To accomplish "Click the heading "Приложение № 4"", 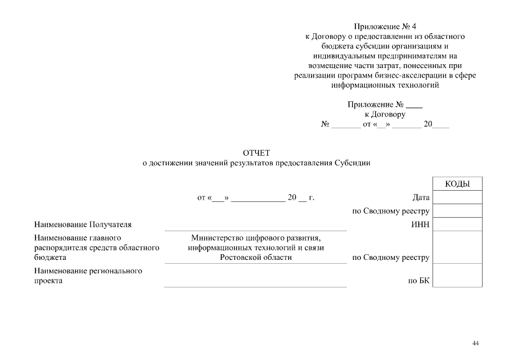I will [x=385, y=26].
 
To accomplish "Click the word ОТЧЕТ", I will [x=256, y=152].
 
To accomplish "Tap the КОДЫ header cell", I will [x=457, y=184].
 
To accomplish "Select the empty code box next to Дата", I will [x=457, y=197].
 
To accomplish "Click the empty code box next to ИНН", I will [x=457, y=224].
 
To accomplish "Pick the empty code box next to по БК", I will [x=457, y=276].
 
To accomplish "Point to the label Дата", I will [x=421, y=197].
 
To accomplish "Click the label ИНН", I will [x=420, y=224].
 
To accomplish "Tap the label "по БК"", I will [x=419, y=281].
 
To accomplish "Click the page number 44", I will [x=476, y=343].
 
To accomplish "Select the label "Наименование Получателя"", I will [x=83, y=224].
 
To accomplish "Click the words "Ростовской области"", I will [x=256, y=258].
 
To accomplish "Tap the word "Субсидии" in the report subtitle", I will [x=352, y=163].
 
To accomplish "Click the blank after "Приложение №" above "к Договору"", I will [x=414, y=105].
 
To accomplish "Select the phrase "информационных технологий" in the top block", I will [x=385, y=85].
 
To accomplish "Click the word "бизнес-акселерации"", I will [x=409, y=75].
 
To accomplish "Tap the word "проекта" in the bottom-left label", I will [x=48, y=281].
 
